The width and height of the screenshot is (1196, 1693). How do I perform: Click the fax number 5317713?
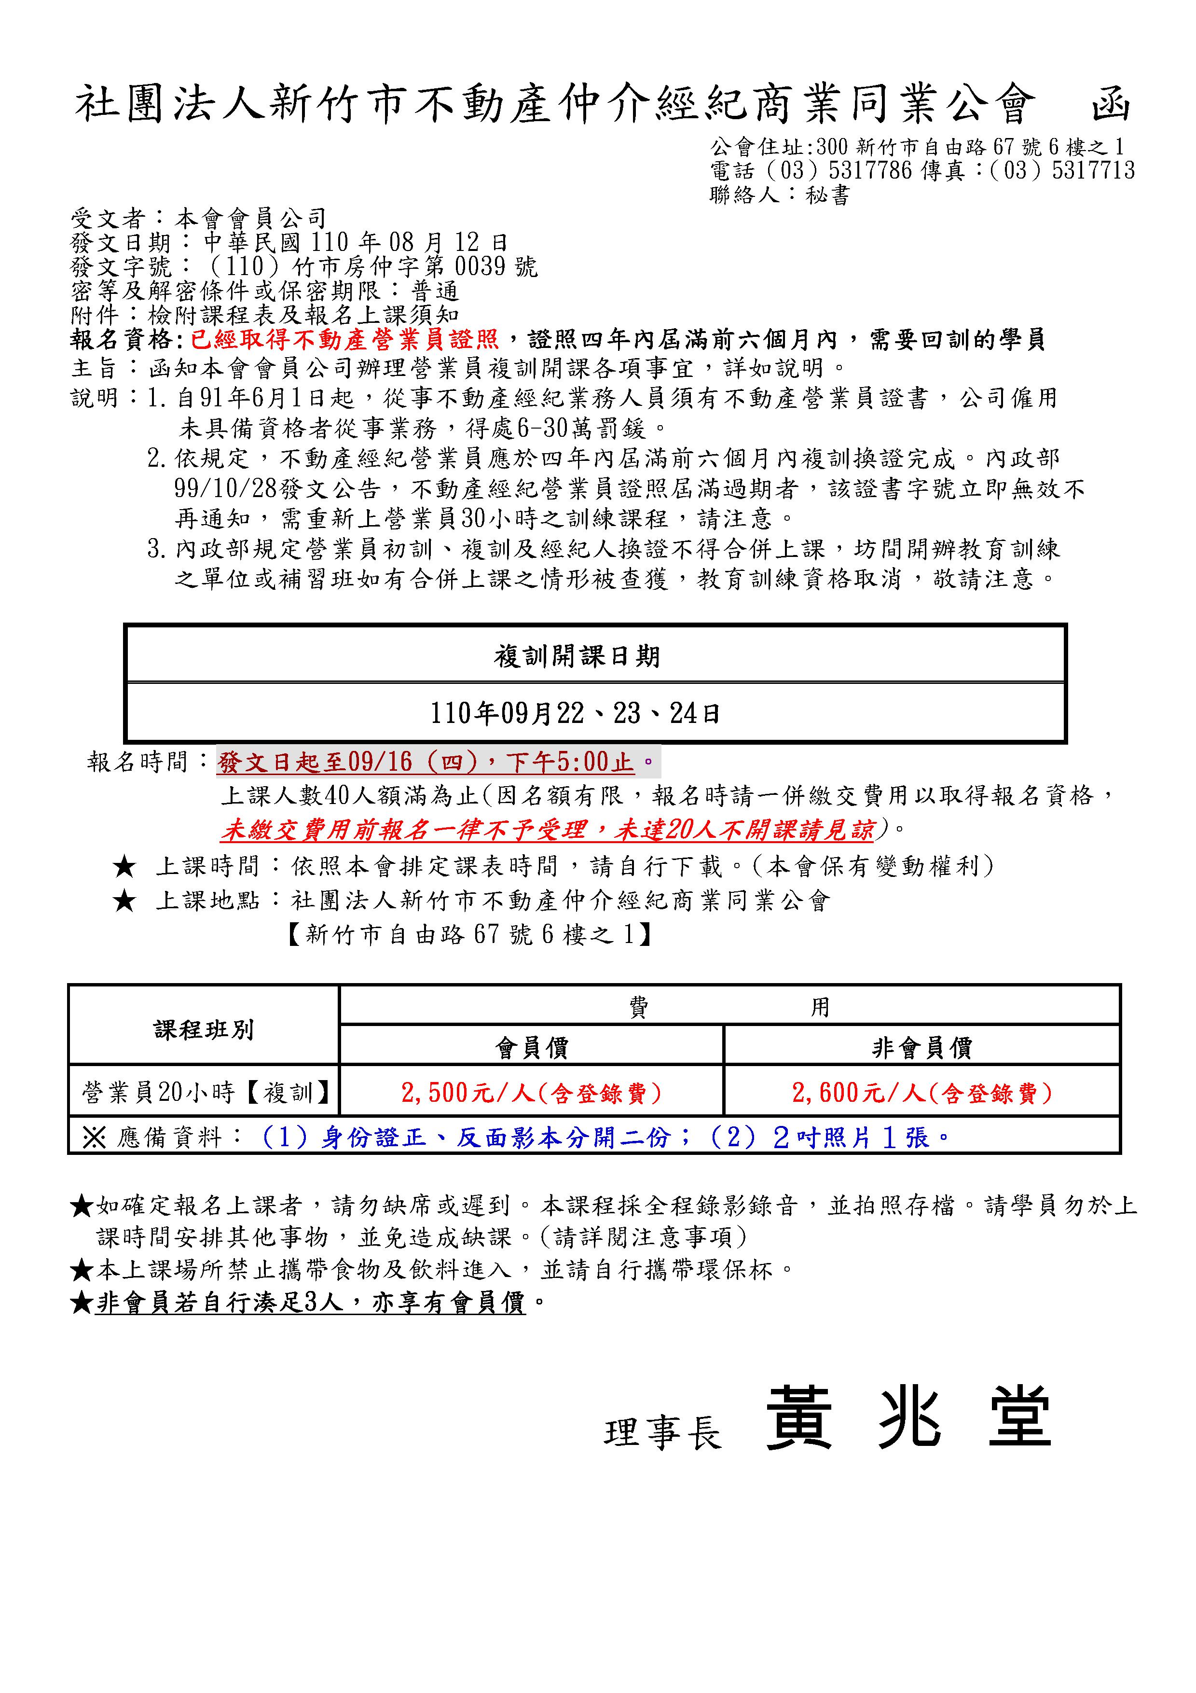point(1094,171)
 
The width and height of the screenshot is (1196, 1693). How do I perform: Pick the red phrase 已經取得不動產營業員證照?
point(345,340)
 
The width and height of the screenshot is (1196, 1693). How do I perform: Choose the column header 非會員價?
point(922,1048)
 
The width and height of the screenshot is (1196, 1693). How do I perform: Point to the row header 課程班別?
point(204,1029)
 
